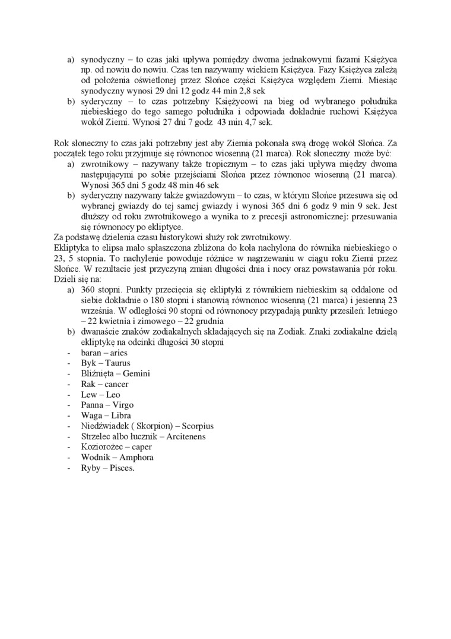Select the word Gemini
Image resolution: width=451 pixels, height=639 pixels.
pyautogui.click(x=136, y=373)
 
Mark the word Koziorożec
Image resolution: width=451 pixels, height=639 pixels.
pyautogui.click(x=103, y=447)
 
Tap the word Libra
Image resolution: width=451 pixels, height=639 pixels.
pyautogui.click(x=120, y=415)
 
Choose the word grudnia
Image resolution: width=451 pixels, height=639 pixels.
pyautogui.click(x=205, y=320)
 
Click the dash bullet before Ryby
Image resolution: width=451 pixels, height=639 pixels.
pyautogui.click(x=69, y=468)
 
